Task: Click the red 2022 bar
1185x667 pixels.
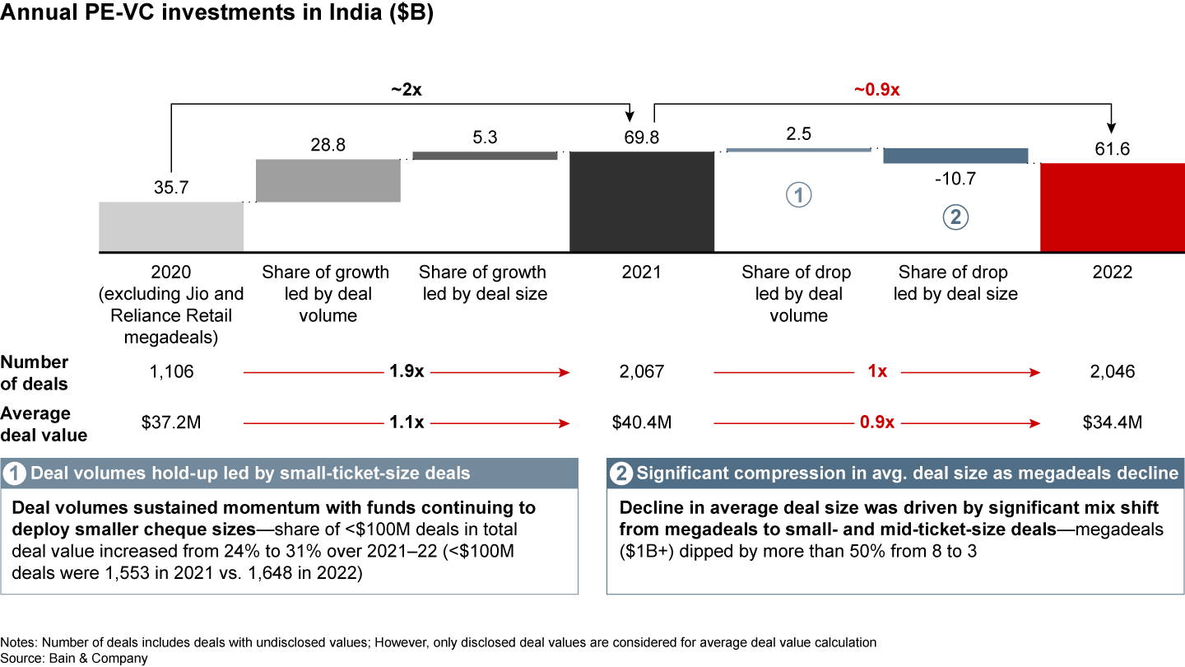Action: click(1113, 208)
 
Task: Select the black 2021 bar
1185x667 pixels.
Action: click(642, 202)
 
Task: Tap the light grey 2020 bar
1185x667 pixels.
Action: click(171, 226)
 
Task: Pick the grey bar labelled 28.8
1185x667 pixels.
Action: click(328, 180)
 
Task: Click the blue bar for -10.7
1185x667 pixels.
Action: click(955, 156)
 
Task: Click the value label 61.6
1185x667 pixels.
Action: click(1113, 148)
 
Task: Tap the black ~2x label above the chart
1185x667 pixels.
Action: click(406, 91)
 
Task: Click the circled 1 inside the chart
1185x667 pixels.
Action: click(798, 195)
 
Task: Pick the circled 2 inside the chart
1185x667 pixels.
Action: click(955, 217)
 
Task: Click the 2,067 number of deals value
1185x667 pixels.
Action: click(642, 372)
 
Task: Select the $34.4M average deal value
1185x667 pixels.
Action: click(1113, 423)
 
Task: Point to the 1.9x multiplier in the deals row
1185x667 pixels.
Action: click(407, 372)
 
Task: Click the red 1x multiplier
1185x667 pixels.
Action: click(877, 372)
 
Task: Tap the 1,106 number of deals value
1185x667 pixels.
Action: click(171, 372)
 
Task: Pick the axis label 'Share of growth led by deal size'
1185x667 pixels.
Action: click(482, 282)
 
